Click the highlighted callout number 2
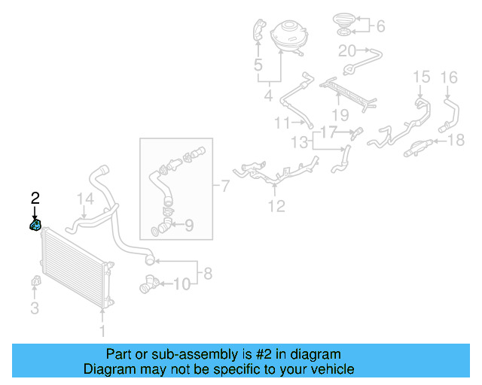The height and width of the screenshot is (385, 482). [x=35, y=199]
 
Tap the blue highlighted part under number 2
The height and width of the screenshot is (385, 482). [x=35, y=224]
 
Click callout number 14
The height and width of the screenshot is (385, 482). [x=87, y=199]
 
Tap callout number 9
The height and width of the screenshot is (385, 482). [x=189, y=224]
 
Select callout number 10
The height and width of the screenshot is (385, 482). [x=182, y=284]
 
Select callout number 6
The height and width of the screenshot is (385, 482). [x=380, y=26]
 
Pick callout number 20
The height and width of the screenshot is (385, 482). [x=347, y=51]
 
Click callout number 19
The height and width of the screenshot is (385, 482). [x=340, y=115]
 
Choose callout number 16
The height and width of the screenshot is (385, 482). [x=448, y=77]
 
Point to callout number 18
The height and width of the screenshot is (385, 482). [x=456, y=141]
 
